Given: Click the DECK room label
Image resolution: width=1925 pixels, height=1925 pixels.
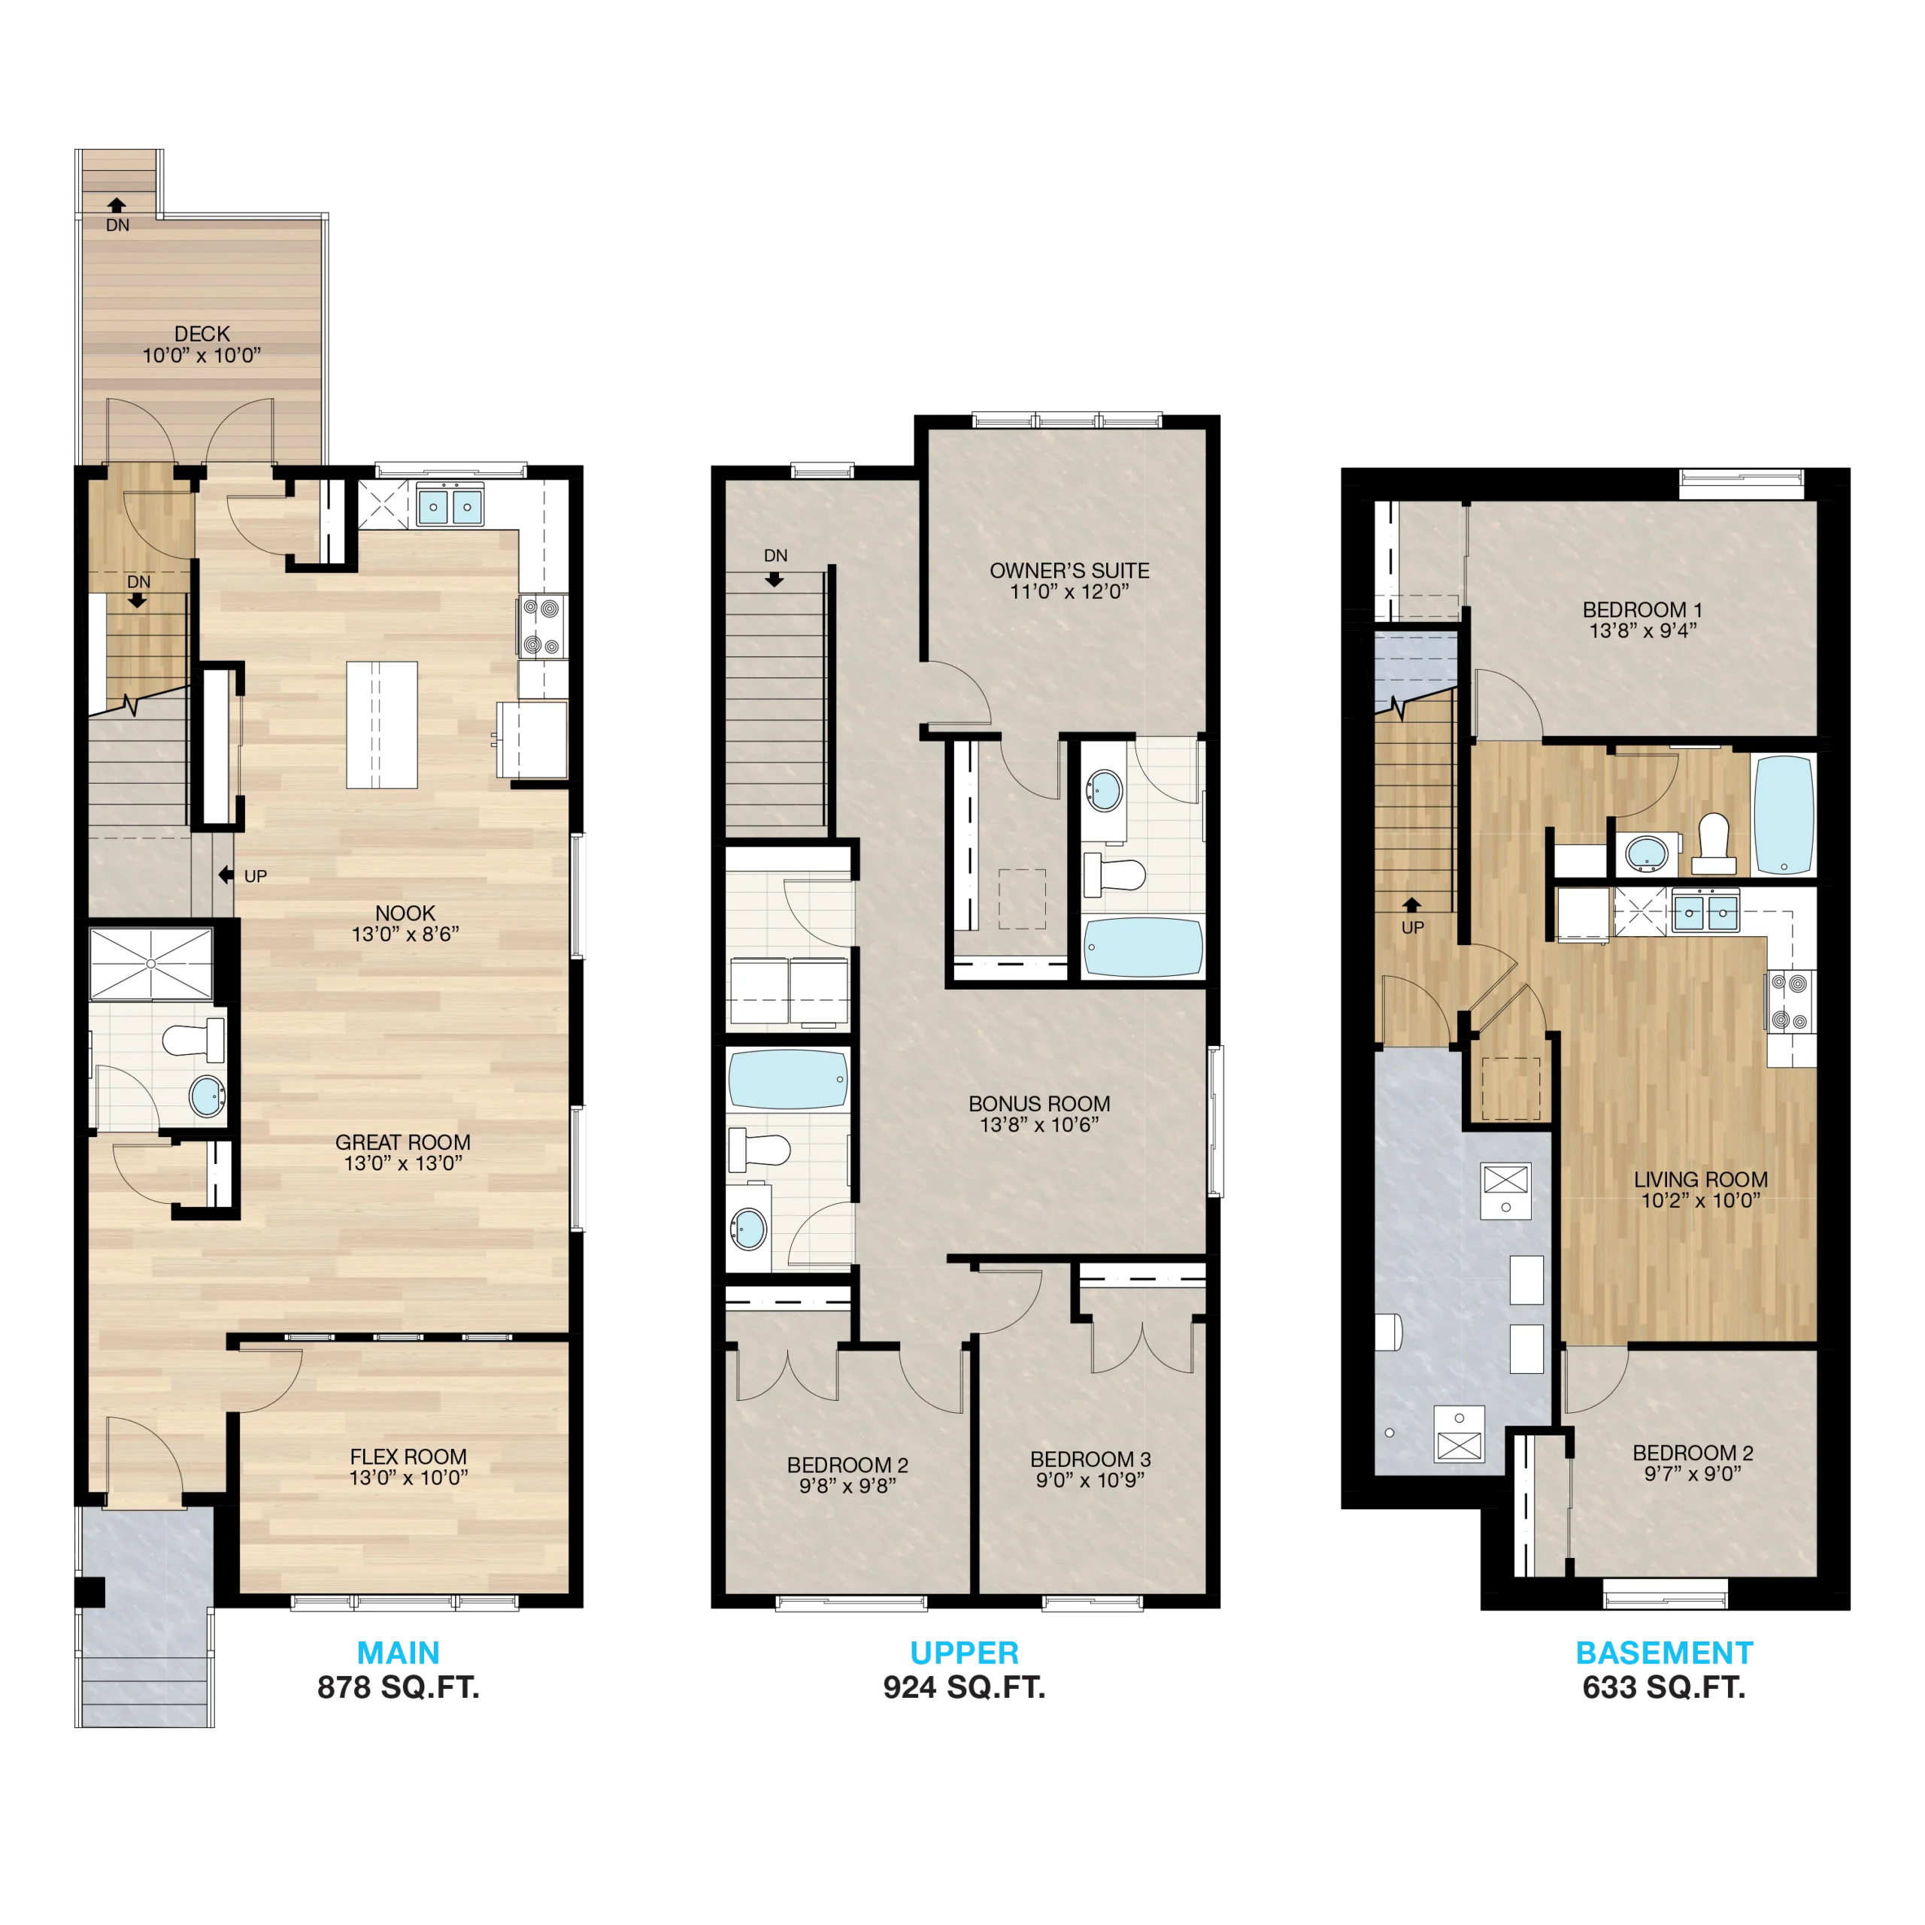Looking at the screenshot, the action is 202,334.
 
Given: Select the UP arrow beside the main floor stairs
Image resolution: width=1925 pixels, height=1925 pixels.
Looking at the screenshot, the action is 226,875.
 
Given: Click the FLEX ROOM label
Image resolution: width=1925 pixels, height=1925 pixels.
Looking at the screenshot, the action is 408,1457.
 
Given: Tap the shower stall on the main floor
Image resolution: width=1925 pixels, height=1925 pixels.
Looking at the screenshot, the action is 151,963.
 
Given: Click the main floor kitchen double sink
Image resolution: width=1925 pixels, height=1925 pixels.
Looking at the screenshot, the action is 450,505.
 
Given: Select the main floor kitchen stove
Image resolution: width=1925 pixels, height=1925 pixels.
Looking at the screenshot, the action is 543,626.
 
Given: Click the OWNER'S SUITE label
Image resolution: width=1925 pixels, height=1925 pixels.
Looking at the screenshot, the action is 1069,571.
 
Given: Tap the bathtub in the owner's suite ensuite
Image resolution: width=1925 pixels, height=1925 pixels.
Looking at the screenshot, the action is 1143,947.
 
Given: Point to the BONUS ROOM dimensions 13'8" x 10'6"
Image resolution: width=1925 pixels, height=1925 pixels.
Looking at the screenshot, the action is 1039,1125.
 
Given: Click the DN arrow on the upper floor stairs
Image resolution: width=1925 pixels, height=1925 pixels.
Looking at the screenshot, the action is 775,579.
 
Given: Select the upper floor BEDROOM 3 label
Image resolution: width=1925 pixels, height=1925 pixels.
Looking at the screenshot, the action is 1090,1459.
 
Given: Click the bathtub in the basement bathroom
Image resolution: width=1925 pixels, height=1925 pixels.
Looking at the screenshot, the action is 1784,814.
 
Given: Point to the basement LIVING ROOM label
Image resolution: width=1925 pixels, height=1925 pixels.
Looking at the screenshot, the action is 1701,1180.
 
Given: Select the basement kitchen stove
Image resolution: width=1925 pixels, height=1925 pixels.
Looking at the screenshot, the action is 1790,1002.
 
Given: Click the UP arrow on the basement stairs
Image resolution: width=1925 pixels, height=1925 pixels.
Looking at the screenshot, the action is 1412,905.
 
